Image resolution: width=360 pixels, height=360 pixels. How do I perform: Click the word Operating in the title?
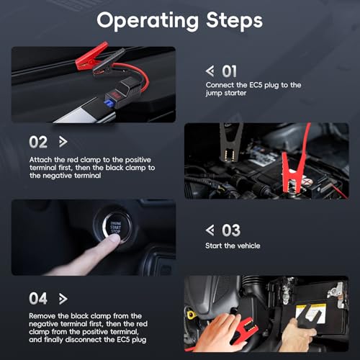[x=148, y=21]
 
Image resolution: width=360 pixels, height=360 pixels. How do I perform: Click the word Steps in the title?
[x=235, y=20]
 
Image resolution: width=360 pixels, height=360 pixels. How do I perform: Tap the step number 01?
[x=229, y=71]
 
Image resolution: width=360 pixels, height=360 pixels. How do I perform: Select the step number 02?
[x=38, y=142]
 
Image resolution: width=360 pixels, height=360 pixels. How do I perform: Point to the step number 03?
[x=231, y=230]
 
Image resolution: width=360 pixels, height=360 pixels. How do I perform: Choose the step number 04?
[x=38, y=299]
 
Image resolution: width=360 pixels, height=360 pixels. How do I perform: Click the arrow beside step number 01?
[x=210, y=71]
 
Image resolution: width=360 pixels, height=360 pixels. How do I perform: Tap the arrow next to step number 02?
[x=63, y=142]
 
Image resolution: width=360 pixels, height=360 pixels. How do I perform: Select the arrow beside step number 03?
[x=210, y=230]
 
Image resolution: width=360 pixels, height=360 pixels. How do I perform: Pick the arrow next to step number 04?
[x=63, y=299]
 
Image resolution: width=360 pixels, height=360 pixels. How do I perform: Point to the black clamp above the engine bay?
[x=230, y=142]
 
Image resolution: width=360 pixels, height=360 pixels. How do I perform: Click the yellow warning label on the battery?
[x=311, y=312]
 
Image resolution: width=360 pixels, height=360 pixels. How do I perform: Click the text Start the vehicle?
[x=233, y=246]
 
